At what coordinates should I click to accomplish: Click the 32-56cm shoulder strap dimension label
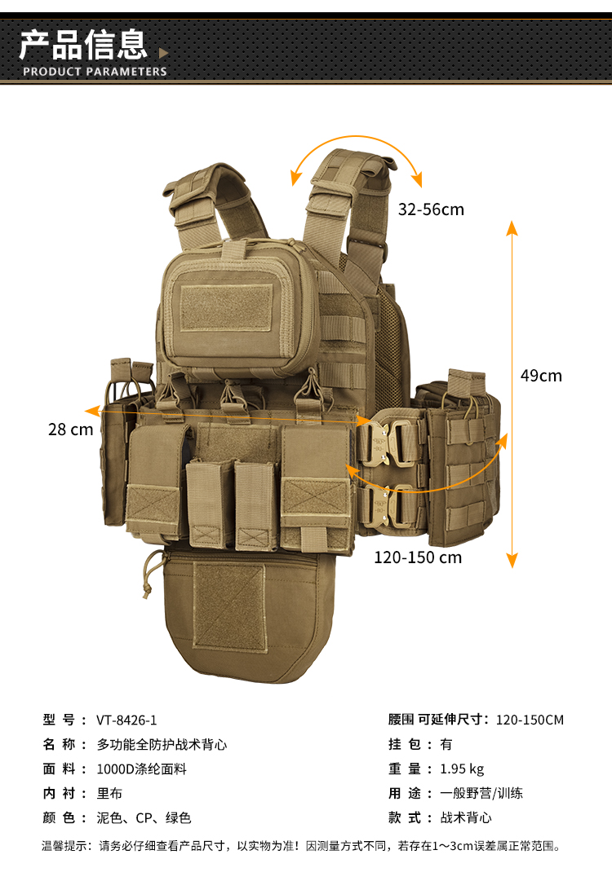click(x=431, y=209)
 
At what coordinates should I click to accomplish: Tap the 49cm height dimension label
click(x=541, y=376)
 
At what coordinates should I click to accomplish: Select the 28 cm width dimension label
click(x=70, y=429)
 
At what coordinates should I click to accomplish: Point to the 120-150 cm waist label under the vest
click(x=418, y=557)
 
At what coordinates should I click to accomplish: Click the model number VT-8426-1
click(x=126, y=720)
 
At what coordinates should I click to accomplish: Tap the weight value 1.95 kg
click(x=462, y=769)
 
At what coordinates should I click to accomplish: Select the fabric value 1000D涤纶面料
click(x=141, y=769)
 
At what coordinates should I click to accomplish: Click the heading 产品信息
click(x=83, y=45)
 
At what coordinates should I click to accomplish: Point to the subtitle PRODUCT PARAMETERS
click(x=95, y=72)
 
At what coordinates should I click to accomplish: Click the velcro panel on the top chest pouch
click(x=227, y=308)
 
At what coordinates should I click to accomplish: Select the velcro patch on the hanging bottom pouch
click(x=229, y=606)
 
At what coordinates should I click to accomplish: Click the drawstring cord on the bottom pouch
click(x=150, y=573)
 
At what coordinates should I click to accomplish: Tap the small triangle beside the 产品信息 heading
click(x=163, y=53)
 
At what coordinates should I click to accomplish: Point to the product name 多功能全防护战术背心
click(x=162, y=744)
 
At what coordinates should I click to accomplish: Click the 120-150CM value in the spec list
click(x=530, y=720)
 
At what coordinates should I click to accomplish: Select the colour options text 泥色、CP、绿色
click(x=144, y=817)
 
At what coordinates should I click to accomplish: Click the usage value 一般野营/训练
click(x=481, y=793)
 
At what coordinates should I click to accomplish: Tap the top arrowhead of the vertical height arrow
click(x=512, y=227)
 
